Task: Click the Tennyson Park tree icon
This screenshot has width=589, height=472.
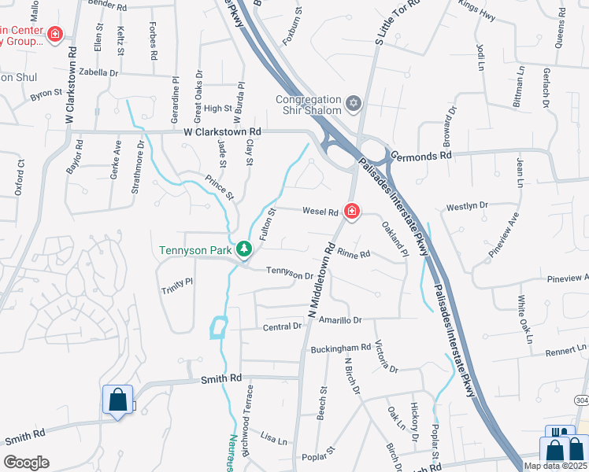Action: (245, 249)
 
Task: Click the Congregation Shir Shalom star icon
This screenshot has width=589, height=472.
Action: (354, 102)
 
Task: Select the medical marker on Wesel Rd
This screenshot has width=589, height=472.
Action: (351, 211)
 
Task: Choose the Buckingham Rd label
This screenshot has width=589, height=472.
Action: (341, 347)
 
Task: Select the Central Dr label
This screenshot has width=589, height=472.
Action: (282, 326)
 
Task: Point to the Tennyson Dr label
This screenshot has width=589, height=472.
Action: (290, 274)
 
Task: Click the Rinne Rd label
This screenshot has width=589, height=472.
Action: (354, 253)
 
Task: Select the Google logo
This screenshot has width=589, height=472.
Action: (26, 462)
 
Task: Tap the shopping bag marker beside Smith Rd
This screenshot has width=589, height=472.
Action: (117, 400)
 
